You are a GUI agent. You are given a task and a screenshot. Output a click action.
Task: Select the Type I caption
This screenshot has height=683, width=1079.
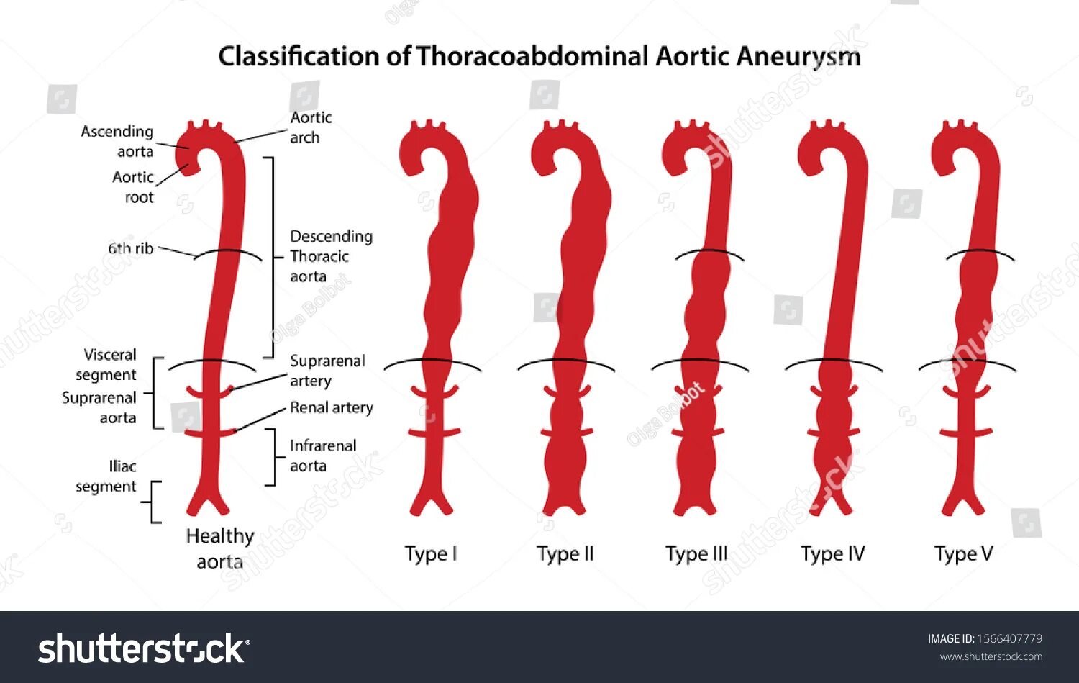[x=430, y=553]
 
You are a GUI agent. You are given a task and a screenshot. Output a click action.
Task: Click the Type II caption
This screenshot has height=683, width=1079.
[x=565, y=553]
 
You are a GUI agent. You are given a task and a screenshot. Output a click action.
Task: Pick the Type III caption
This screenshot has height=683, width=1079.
[x=696, y=553]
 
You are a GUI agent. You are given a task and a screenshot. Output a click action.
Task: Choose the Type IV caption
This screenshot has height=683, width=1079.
[x=832, y=553]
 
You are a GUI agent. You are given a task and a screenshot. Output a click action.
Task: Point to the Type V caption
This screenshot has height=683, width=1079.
[x=963, y=553]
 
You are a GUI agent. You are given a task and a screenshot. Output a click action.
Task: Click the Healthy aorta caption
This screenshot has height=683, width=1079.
[x=219, y=548]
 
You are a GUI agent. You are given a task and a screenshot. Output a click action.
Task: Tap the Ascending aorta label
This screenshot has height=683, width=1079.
[x=117, y=141]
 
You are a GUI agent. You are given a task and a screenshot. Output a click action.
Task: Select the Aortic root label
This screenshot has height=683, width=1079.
[x=133, y=186]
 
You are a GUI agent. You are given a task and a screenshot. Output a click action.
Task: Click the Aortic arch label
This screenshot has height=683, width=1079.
[x=311, y=127]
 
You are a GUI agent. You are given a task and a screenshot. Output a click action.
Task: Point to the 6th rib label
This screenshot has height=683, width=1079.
[x=131, y=248]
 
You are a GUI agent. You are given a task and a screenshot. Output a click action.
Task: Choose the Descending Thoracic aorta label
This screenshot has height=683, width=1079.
[x=330, y=256]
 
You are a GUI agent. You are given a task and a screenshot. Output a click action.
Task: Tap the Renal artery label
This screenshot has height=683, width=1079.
[x=331, y=407]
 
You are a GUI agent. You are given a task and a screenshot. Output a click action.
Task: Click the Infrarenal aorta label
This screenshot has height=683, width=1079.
[x=322, y=456]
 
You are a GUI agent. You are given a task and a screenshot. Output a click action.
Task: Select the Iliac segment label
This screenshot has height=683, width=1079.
[x=106, y=476]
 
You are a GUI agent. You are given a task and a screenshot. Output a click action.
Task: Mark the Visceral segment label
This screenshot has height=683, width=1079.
[x=106, y=364]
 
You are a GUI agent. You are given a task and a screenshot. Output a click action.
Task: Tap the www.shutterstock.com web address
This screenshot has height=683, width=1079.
[x=991, y=656]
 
